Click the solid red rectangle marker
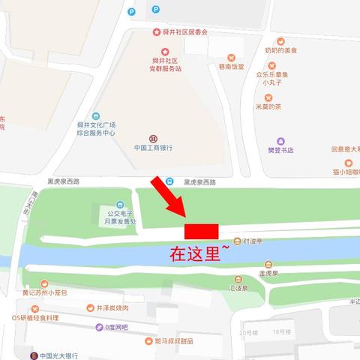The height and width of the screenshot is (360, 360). pos(201,230)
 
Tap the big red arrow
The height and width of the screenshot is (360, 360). pos(169,196)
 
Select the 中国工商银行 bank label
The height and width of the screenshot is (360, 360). pos(154,148)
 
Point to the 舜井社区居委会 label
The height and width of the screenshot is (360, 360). pos(180,32)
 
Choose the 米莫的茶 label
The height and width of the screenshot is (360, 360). pos(268,106)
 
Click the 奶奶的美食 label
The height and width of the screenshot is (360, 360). pos(280,50)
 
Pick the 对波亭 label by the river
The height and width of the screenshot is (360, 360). pos(253,241)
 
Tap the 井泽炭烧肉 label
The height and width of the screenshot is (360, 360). pos(112,307)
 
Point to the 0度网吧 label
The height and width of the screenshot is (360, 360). pos(116,327)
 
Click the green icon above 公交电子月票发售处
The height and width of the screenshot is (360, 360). pos(120,203)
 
